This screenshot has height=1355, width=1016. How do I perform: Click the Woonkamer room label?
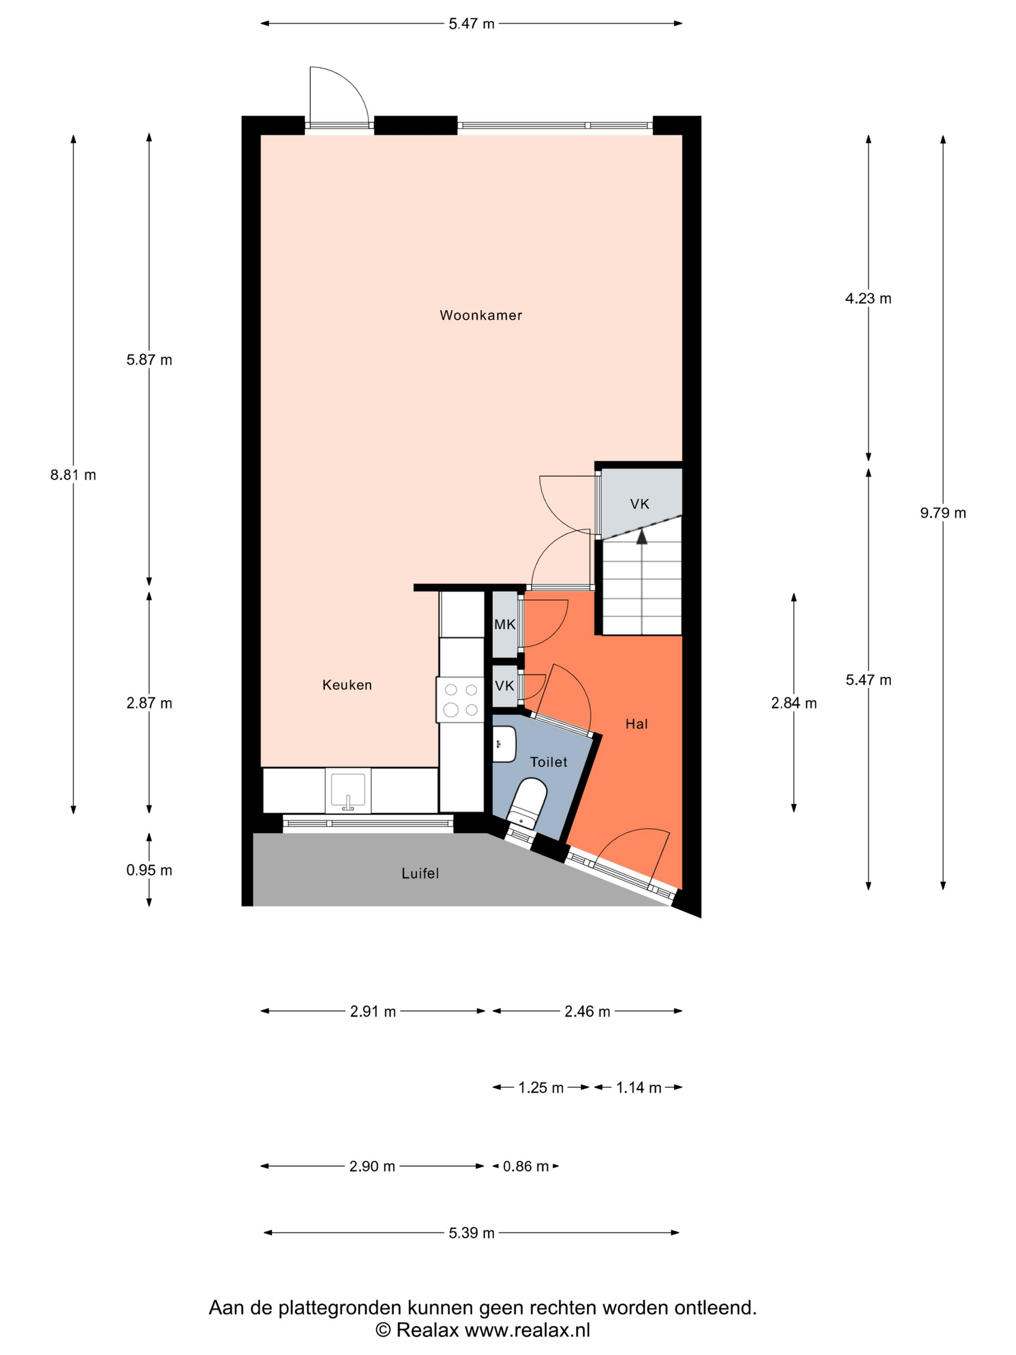point(481,316)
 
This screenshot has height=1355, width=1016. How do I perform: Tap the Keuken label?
point(347,685)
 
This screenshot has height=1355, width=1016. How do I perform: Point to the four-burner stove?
point(460,700)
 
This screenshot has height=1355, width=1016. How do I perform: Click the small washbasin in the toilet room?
point(505,744)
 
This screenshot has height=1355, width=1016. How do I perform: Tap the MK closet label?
point(505,624)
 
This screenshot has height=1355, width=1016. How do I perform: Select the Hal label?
point(636,724)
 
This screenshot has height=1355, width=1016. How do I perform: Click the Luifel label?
point(420,873)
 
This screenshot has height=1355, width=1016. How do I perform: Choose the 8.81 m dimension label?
point(74,475)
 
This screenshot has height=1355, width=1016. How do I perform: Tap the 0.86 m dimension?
point(525,1166)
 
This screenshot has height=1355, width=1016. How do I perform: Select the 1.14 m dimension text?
point(638,1087)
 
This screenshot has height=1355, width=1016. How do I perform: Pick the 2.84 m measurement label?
point(794,703)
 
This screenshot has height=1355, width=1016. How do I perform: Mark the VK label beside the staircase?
point(640,504)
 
